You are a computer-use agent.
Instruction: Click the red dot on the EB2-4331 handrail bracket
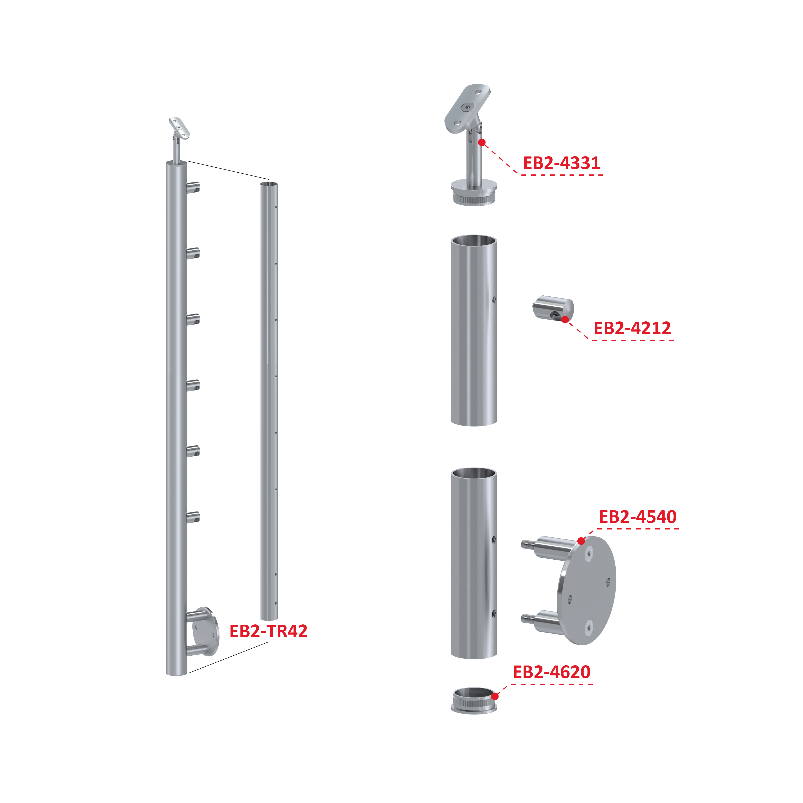click(482, 143)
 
